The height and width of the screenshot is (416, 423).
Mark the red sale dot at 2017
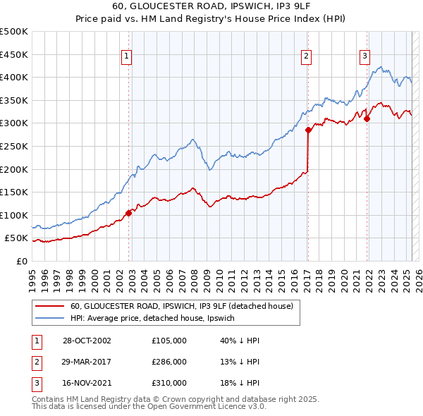[308, 130]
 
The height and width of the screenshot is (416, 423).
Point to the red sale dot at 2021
[367, 118]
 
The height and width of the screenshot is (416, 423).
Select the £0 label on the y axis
[22, 261]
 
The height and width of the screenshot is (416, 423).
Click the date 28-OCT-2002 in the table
[87, 341]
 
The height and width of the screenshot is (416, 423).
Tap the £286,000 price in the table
[169, 362]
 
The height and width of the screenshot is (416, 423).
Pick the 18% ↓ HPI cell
[240, 383]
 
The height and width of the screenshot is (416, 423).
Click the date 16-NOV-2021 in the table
[87, 383]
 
